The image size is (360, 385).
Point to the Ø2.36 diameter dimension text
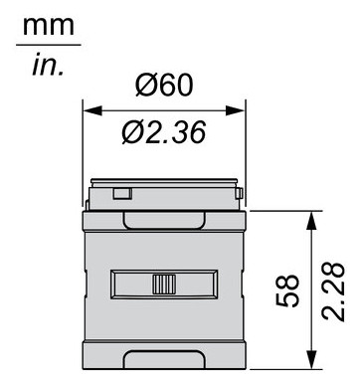tap(164, 130)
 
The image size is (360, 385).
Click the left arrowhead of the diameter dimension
tap(89, 108)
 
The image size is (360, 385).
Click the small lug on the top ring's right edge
tap(239, 190)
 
